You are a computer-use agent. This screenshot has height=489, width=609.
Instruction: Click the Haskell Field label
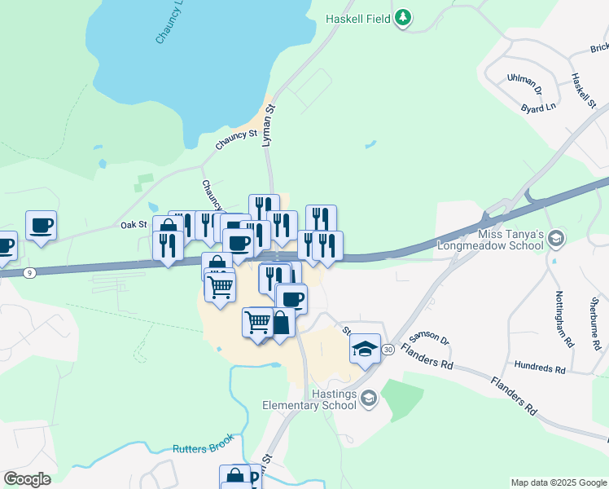click(358, 18)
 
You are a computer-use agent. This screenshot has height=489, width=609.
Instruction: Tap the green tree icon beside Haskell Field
click(402, 18)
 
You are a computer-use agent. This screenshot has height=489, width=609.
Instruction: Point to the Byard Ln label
click(538, 107)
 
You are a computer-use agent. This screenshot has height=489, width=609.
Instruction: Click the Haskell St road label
click(584, 91)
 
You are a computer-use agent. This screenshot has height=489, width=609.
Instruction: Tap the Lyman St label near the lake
click(269, 125)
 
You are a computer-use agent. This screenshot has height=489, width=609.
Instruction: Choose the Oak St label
click(134, 224)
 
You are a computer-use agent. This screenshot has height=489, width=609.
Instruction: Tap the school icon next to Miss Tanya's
click(557, 239)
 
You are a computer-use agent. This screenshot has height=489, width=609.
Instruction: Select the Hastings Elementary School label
click(310, 399)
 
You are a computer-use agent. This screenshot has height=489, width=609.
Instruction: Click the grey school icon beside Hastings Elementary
click(369, 399)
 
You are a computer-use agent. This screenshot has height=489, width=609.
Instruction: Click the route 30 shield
click(388, 349)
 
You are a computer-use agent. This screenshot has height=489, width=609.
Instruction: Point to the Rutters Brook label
click(203, 445)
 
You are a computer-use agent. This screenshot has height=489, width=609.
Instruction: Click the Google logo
click(27, 479)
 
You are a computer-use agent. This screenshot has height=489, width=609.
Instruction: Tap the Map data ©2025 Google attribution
click(558, 482)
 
